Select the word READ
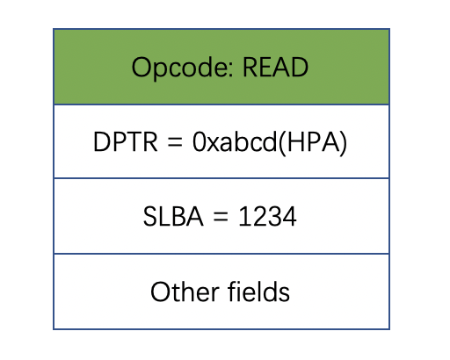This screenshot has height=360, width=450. pyautogui.click(x=275, y=67)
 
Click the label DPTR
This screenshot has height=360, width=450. pyautogui.click(x=126, y=141)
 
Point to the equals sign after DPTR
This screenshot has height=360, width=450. pyautogui.click(x=175, y=142)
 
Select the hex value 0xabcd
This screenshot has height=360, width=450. pyautogui.click(x=235, y=141)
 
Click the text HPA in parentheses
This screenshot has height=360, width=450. pyautogui.click(x=311, y=141)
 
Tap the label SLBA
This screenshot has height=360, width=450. pyautogui.click(x=173, y=216)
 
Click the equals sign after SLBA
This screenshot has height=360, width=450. pyautogui.click(x=221, y=217)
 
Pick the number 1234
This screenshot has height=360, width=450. pyautogui.click(x=267, y=216)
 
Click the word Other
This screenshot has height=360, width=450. pyautogui.click(x=185, y=292)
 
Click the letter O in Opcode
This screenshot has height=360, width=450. pyautogui.click(x=142, y=67)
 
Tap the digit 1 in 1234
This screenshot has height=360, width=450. pyautogui.click(x=244, y=216)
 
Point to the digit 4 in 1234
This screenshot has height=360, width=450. pyautogui.click(x=289, y=216)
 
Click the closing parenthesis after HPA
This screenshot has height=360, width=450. pyautogui.click(x=344, y=142)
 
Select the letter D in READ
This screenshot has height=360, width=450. pyautogui.click(x=299, y=67)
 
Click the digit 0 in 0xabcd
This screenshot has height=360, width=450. pyautogui.click(x=199, y=141)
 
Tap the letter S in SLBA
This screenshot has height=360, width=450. pyautogui.click(x=149, y=216)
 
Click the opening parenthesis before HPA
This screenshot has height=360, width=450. pyautogui.click(x=282, y=142)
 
